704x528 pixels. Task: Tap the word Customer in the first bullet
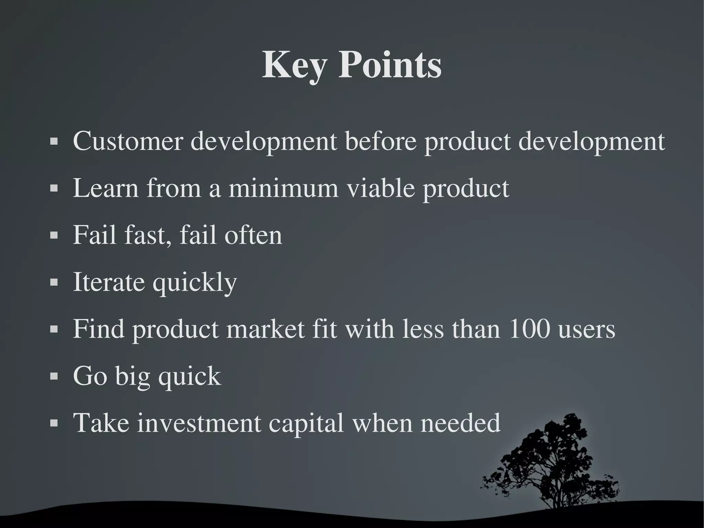pyautogui.click(x=128, y=141)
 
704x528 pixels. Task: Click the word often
pyautogui.click(x=253, y=235)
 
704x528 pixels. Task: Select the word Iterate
pyautogui.click(x=109, y=282)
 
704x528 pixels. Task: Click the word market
pyautogui.click(x=265, y=329)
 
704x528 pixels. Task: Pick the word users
pyautogui.click(x=586, y=329)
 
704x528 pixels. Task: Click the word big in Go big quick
pyautogui.click(x=132, y=376)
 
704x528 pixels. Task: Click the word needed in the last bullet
pyautogui.click(x=460, y=423)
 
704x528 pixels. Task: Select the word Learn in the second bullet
pyautogui.click(x=106, y=188)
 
